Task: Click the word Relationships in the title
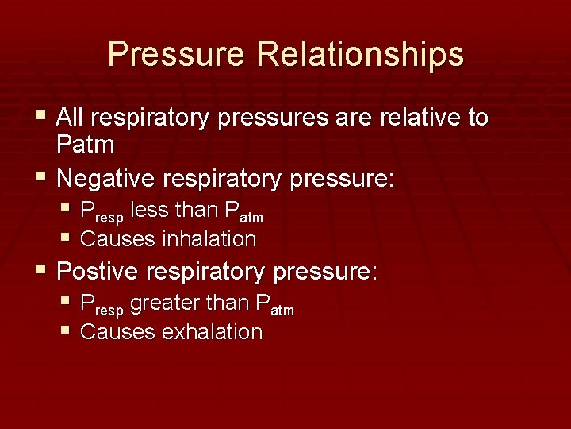[360, 55]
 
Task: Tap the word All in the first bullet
[70, 118]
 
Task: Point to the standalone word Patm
[86, 145]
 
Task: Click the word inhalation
[209, 238]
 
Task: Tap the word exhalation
[212, 331]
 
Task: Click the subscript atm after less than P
[251, 216]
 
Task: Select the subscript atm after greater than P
[282, 309]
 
